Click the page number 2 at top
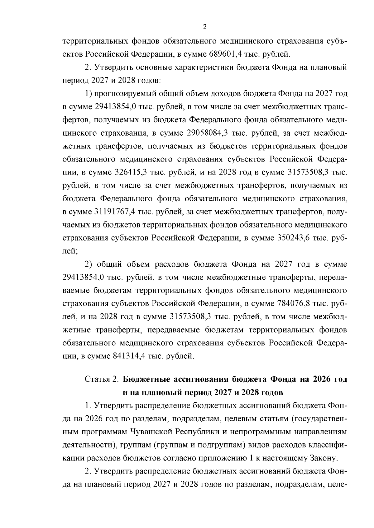click(205, 27)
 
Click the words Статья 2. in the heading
click(102, 379)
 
